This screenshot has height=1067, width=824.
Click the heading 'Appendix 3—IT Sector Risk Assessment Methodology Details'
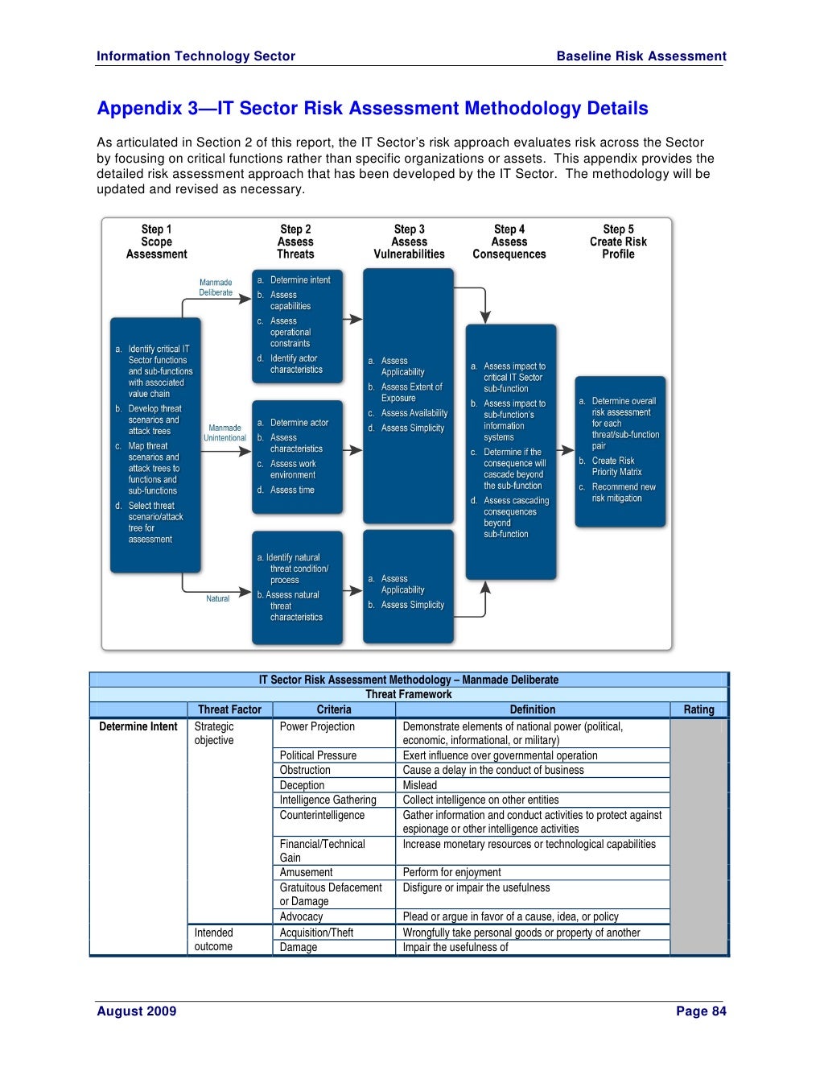pos(372,109)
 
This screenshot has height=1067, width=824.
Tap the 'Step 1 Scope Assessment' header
pos(156,242)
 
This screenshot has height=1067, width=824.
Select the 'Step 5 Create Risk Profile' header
pos(618,242)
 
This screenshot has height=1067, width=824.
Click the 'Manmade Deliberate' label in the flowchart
pos(216,287)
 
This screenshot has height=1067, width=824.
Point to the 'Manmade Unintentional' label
pos(225,433)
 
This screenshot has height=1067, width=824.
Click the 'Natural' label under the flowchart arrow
pos(217,599)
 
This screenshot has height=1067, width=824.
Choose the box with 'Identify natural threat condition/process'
pos(297,587)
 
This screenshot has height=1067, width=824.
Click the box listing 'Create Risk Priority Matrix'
pos(620,451)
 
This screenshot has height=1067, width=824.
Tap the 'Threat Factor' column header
pos(229,709)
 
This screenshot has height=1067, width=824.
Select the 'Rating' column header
pos(698,709)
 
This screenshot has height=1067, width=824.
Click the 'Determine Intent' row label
pos(138,726)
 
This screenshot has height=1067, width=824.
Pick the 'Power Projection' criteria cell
pos(317,726)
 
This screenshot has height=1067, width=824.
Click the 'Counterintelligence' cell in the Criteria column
pos(322,815)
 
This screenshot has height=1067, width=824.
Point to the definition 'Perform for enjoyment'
pos(451,872)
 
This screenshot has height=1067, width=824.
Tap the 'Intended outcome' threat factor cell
pos(214,940)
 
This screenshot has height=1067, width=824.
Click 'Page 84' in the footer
pos(701,1011)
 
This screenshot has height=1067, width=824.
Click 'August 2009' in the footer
pos(136,1011)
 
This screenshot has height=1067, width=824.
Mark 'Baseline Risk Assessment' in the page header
pos(641,56)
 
